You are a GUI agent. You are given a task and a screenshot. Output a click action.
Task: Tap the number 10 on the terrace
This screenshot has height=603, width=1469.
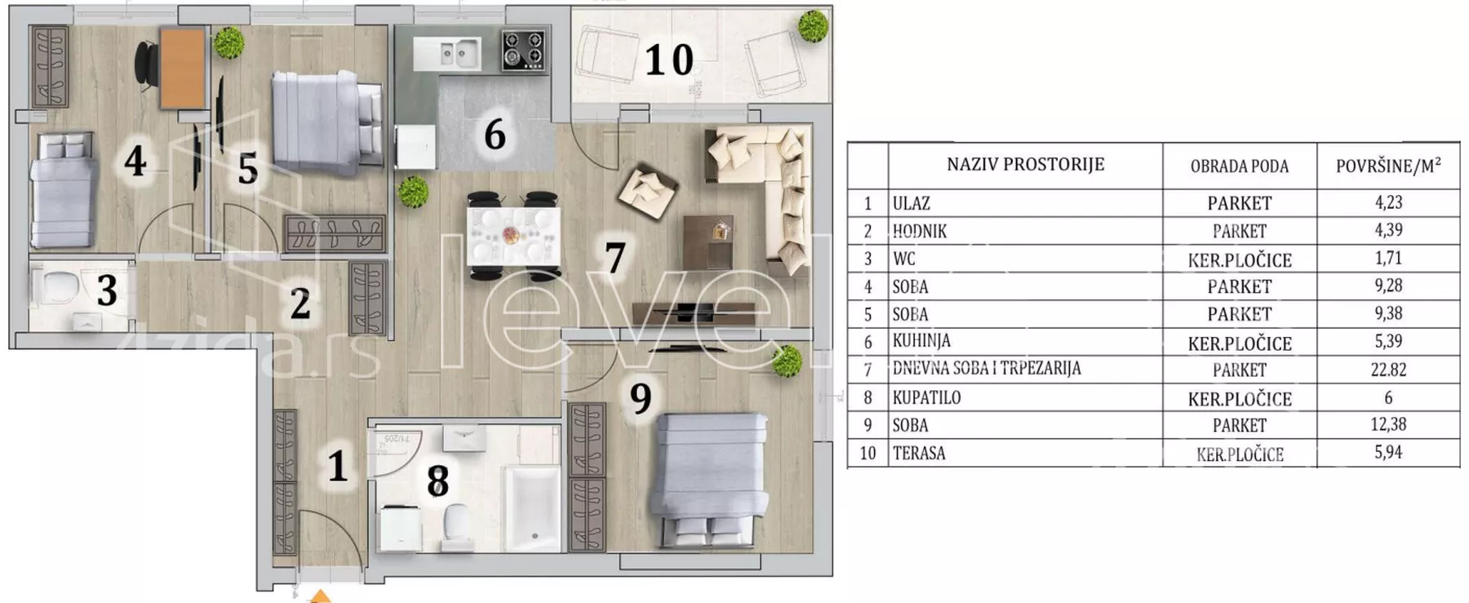pyautogui.click(x=669, y=60)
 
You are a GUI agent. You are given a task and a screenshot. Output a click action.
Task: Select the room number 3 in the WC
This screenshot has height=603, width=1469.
pyautogui.click(x=107, y=291)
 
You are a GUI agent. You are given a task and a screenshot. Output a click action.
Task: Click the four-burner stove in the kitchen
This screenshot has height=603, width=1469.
pyautogui.click(x=522, y=50)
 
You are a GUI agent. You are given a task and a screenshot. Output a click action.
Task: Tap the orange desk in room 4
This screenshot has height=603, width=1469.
pyautogui.click(x=182, y=69)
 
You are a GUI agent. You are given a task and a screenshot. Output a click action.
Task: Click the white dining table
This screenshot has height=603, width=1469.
pyautogui.click(x=513, y=236)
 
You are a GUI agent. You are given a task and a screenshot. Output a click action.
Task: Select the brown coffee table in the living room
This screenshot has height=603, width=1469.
pyautogui.click(x=708, y=242)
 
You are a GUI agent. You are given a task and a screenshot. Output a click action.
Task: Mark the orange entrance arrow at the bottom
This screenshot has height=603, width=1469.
pyautogui.click(x=321, y=596)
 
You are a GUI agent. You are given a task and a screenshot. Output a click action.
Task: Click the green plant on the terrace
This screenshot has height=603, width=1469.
pyautogui.click(x=813, y=26)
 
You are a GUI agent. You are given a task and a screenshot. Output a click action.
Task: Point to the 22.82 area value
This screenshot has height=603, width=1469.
pyautogui.click(x=1388, y=370)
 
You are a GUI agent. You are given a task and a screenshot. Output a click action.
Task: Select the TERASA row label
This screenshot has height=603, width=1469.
pyautogui.click(x=919, y=453)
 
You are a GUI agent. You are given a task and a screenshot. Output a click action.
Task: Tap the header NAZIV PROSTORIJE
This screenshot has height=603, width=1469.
pyautogui.click(x=1025, y=164)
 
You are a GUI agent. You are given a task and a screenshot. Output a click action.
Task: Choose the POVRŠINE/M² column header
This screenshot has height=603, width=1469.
pyautogui.click(x=1388, y=166)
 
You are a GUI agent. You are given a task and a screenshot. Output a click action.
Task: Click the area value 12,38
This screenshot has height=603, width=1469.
pyautogui.click(x=1388, y=424)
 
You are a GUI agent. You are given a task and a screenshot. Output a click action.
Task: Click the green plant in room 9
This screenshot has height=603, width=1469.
pyautogui.click(x=787, y=361)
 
